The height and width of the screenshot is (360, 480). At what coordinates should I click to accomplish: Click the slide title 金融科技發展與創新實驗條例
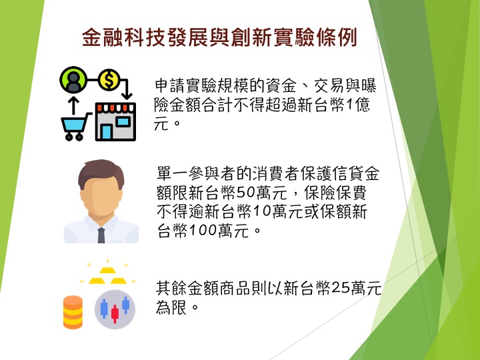[219, 37]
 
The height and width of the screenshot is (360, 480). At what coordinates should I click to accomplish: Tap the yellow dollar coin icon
[109, 79]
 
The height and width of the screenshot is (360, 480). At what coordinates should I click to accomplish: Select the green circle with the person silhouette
[73, 79]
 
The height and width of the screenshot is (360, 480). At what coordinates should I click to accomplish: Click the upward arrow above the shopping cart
[73, 106]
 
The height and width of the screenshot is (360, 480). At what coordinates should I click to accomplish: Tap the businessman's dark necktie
[101, 235]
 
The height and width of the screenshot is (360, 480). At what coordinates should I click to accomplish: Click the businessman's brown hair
[101, 172]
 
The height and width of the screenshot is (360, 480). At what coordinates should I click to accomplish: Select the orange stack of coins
[73, 312]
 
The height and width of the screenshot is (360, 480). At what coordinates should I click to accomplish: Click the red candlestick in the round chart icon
[115, 314]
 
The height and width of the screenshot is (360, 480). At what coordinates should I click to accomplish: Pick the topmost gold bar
[107, 270]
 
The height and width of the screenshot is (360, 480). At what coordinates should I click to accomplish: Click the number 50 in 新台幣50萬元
[247, 193]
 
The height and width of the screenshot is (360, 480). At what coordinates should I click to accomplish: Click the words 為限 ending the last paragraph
[171, 307]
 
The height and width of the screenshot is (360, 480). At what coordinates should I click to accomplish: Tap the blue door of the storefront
[106, 132]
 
